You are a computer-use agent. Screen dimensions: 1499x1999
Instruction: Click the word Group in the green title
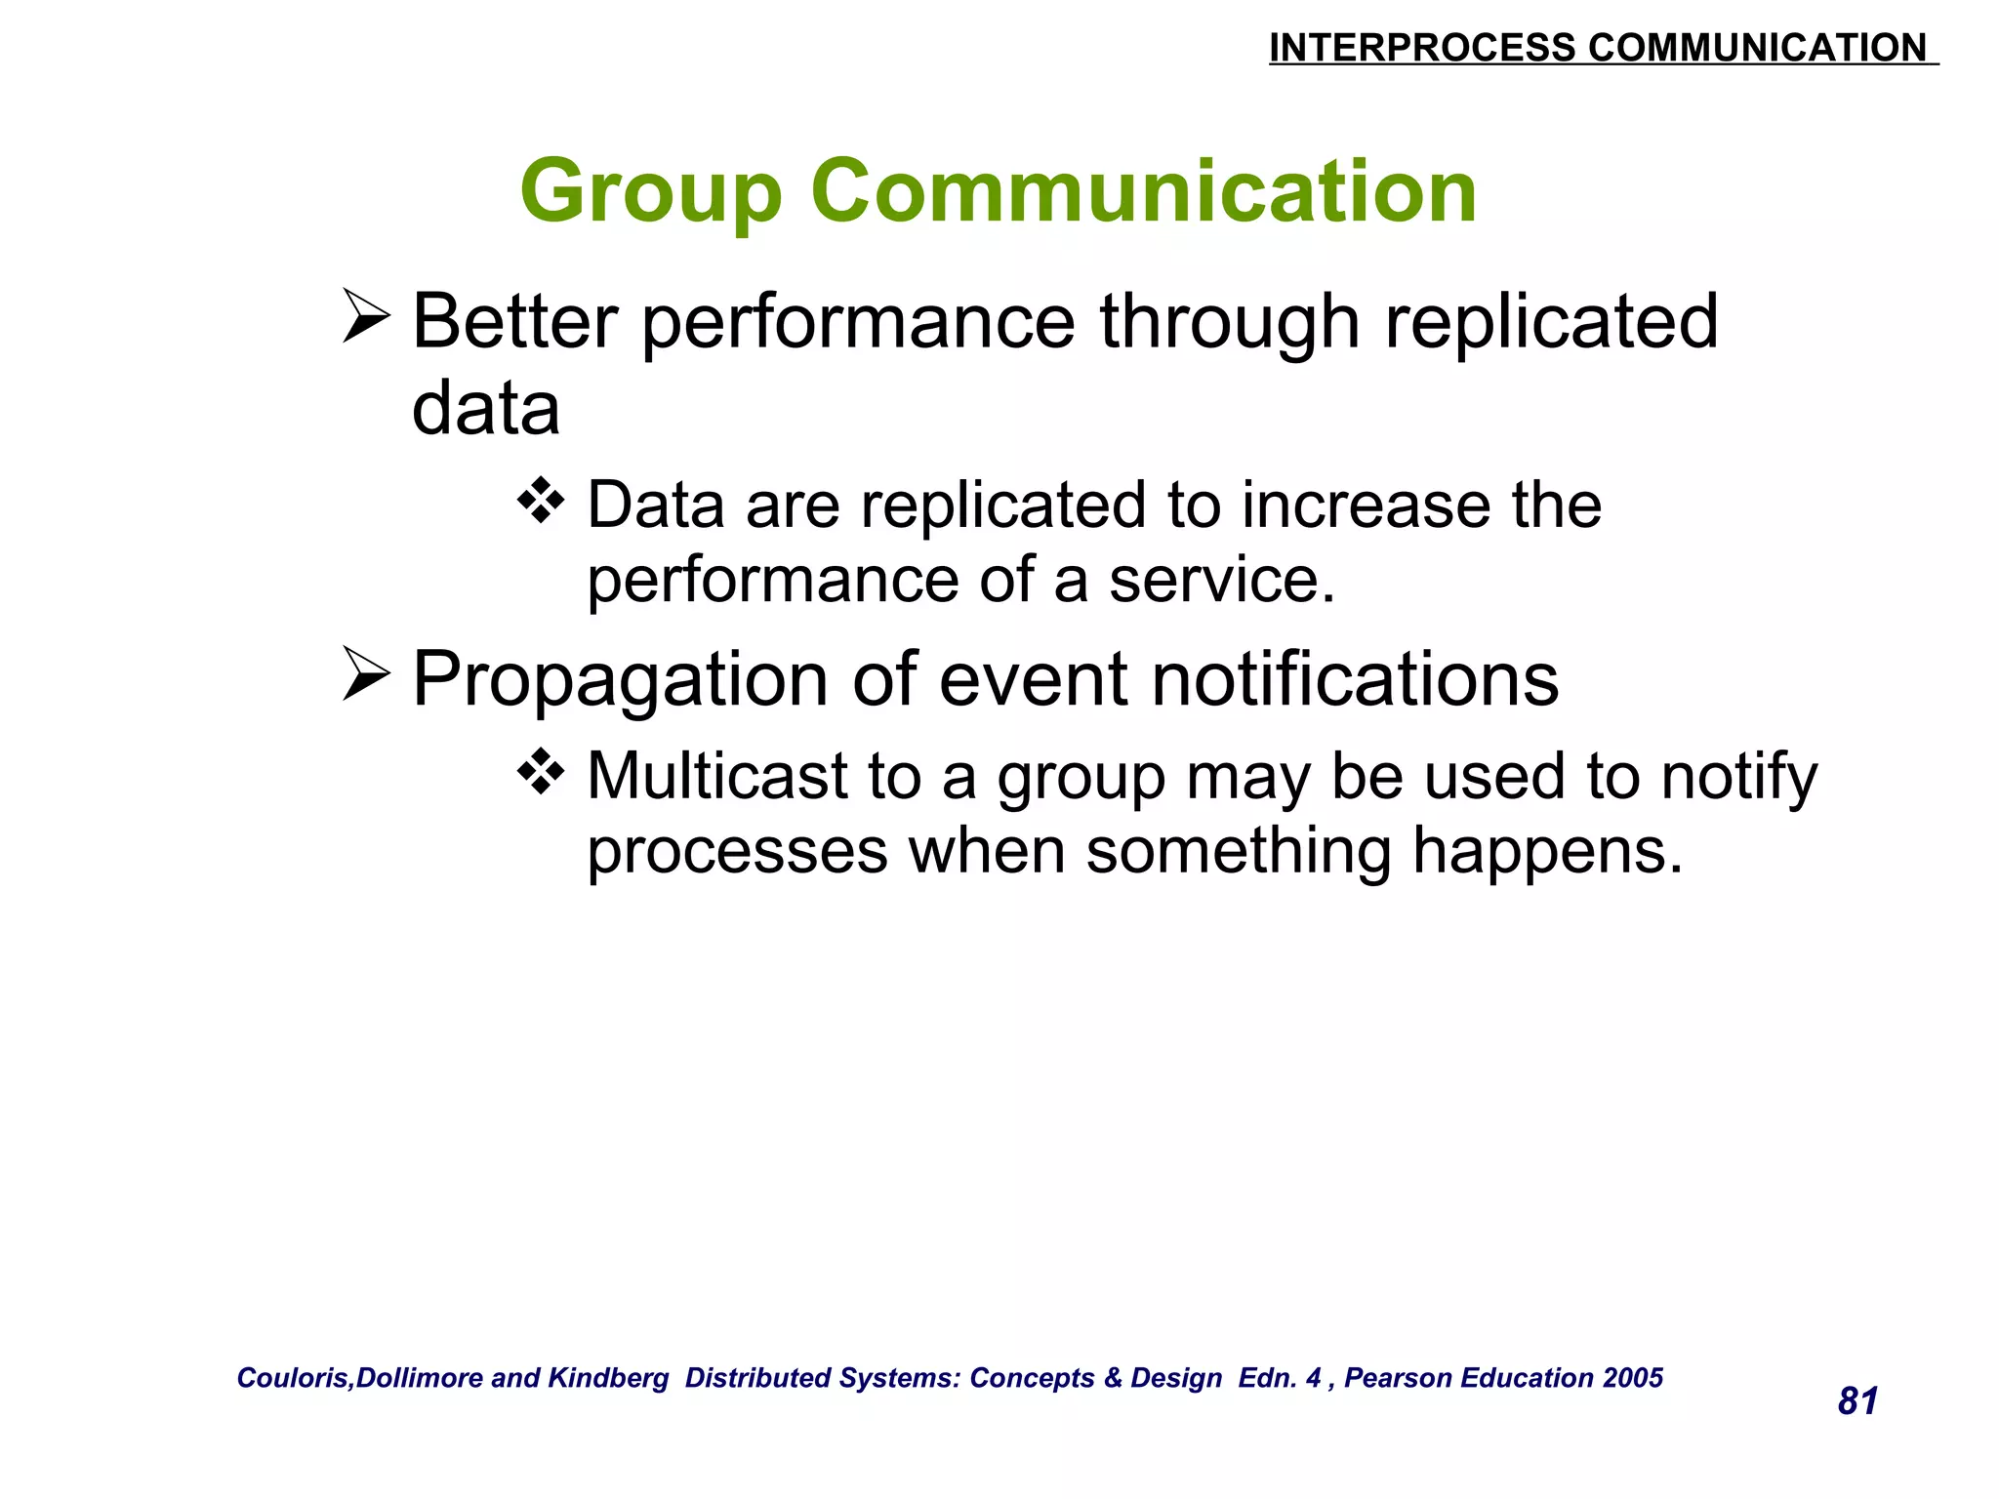tap(651, 193)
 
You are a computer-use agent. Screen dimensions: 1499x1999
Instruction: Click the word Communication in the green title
tap(1143, 191)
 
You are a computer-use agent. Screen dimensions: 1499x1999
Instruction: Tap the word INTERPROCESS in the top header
tap(1421, 48)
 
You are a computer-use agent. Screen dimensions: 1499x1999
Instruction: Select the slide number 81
tap(1857, 1401)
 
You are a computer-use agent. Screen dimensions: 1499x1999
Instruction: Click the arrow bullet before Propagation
tap(366, 674)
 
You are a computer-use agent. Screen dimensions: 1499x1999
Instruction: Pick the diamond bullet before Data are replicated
tap(541, 502)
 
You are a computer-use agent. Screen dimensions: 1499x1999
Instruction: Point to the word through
tap(1229, 322)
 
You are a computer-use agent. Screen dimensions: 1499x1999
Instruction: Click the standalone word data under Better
tap(486, 408)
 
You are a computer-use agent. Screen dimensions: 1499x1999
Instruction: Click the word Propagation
tap(619, 680)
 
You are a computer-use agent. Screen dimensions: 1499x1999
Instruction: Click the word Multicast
tap(716, 776)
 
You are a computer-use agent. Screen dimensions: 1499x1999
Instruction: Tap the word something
tap(1239, 851)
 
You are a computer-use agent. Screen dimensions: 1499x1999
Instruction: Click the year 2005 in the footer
tap(1633, 1378)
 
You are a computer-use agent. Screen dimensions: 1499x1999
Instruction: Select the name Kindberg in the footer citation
tap(608, 1378)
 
